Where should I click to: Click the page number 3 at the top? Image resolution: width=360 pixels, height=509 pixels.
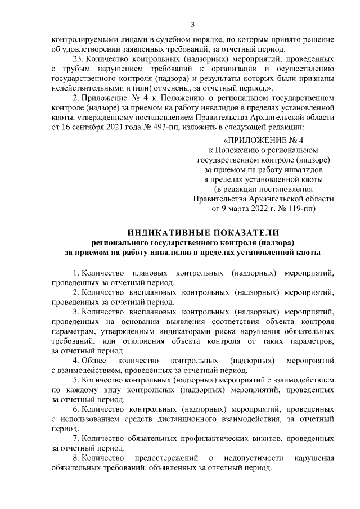[x=192, y=25]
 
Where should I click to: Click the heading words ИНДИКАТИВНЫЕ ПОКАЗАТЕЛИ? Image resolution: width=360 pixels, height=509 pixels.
[x=203, y=232]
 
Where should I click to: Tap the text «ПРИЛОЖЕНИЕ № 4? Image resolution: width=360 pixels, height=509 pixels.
[x=263, y=140]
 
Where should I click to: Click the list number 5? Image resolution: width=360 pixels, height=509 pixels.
[x=75, y=380]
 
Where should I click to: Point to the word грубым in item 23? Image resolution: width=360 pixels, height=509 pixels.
[x=73, y=69]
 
